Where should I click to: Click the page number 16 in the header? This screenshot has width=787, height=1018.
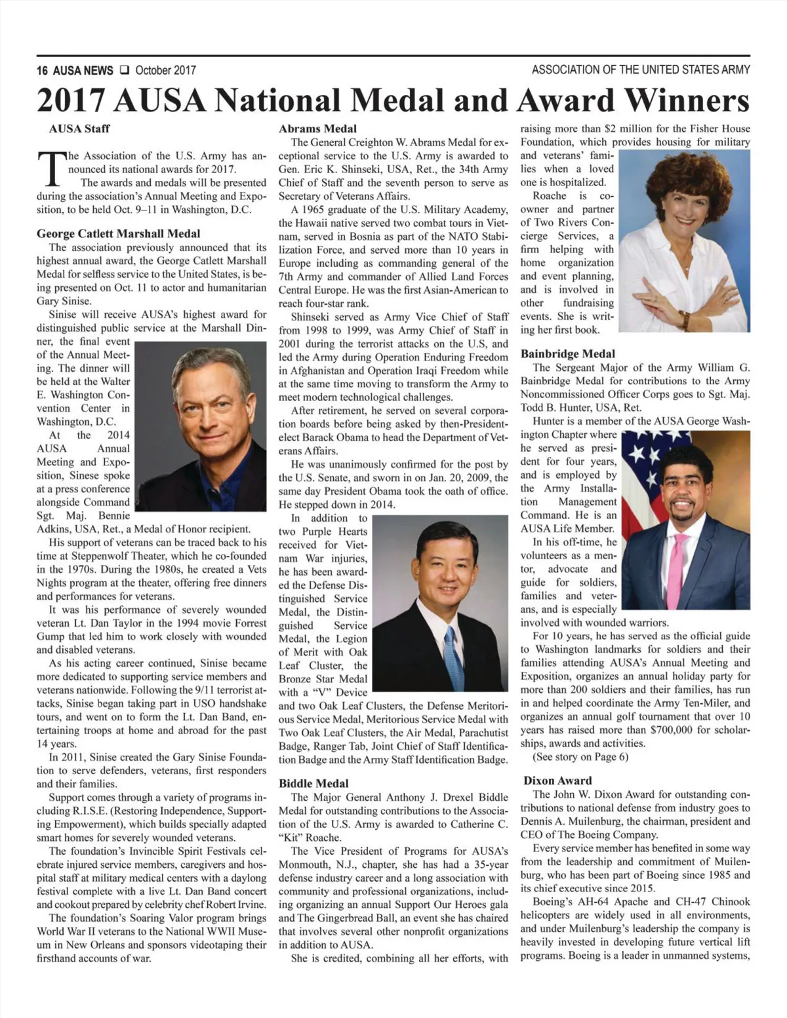pyautogui.click(x=43, y=70)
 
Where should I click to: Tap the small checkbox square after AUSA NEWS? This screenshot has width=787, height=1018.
pyautogui.click(x=124, y=69)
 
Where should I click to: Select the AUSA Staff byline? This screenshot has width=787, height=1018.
pyautogui.click(x=79, y=128)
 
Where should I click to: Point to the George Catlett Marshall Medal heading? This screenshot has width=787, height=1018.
pyautogui.click(x=118, y=233)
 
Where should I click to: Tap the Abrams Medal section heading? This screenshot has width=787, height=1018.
pyautogui.click(x=317, y=128)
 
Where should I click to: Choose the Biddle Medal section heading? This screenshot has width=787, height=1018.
pyautogui.click(x=313, y=783)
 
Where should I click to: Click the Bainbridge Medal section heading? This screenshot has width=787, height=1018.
pyautogui.click(x=567, y=354)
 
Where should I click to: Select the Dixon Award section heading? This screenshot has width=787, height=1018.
pyautogui.click(x=557, y=781)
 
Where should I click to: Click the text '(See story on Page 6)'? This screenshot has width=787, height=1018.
pyautogui.click(x=580, y=757)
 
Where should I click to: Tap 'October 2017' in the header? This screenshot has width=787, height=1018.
pyautogui.click(x=165, y=70)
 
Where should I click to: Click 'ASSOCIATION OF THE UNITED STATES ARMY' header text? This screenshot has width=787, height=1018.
pyautogui.click(x=641, y=69)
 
